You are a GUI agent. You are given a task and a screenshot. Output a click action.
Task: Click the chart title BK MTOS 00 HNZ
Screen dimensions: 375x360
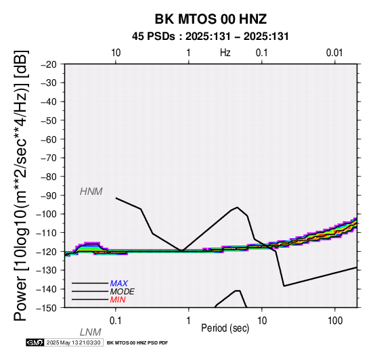(x=211, y=19)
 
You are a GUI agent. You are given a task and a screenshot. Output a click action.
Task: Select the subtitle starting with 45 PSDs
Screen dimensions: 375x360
(x=211, y=37)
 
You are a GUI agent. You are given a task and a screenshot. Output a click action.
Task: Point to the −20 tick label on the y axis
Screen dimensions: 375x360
(x=49, y=64)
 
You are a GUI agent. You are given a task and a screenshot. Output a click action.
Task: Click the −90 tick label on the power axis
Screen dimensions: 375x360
(x=49, y=196)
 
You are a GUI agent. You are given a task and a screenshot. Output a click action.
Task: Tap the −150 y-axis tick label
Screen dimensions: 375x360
(x=47, y=308)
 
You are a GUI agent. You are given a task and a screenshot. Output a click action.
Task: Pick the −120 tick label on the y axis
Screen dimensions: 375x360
(x=47, y=252)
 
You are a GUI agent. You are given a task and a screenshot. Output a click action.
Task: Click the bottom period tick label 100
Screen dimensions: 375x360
(x=335, y=321)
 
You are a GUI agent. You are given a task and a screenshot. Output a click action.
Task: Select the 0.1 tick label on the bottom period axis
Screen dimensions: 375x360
(x=115, y=321)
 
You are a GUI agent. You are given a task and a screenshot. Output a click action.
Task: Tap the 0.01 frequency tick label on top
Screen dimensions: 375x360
(x=334, y=53)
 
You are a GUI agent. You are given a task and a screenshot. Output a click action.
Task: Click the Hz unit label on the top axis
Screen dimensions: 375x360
(x=225, y=53)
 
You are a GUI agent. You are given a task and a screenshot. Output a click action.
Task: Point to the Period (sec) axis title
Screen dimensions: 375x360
(x=225, y=328)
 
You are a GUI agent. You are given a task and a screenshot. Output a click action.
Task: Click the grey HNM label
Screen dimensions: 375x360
(x=91, y=192)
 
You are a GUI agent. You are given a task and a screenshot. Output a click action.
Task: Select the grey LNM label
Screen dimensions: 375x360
(x=91, y=332)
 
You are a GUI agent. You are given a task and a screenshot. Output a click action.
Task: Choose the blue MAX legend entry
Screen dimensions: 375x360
(x=118, y=284)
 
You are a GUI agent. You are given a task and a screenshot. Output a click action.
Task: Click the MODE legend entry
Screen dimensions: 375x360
(x=122, y=292)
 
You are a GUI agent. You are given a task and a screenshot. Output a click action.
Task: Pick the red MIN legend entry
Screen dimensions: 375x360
(x=118, y=300)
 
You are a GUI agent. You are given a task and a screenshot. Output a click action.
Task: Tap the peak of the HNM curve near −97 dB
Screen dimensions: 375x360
(x=237, y=207)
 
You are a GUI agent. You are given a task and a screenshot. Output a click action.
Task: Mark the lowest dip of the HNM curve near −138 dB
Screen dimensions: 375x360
(x=284, y=286)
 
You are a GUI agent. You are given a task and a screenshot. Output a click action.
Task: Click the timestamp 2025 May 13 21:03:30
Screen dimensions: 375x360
(x=74, y=343)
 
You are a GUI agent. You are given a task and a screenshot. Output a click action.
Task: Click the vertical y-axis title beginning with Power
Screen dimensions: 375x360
(x=22, y=185)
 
